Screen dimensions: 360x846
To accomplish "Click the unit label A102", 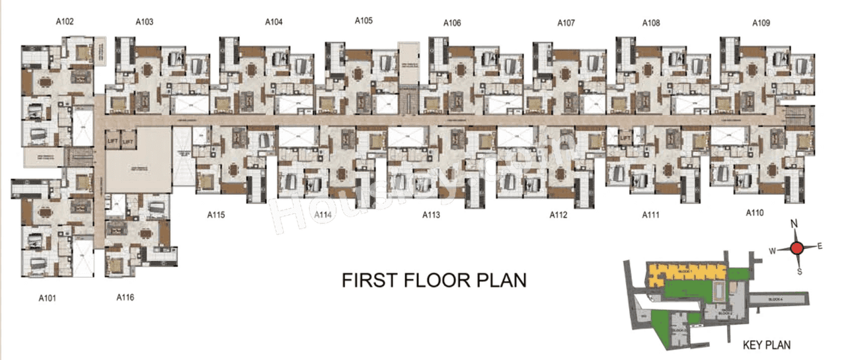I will tap(65, 22).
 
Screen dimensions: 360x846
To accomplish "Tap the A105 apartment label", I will tap(364, 20).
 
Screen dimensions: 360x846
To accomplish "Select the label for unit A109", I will tap(761, 23).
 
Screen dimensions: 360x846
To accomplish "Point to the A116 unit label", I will tap(125, 297).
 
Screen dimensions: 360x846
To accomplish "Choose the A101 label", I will tap(47, 298).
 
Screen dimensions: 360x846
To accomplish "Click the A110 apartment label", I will tap(754, 213).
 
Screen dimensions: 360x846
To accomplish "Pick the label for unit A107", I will tap(566, 23).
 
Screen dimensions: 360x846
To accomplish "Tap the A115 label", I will tap(216, 214).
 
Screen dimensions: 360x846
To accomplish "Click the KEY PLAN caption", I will tap(767, 345).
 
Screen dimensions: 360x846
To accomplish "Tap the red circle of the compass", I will tap(797, 248).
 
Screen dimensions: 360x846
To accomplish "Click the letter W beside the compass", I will tap(771, 249).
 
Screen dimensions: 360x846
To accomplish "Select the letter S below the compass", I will tap(799, 271).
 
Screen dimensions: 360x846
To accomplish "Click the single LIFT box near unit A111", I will tap(625, 138).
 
